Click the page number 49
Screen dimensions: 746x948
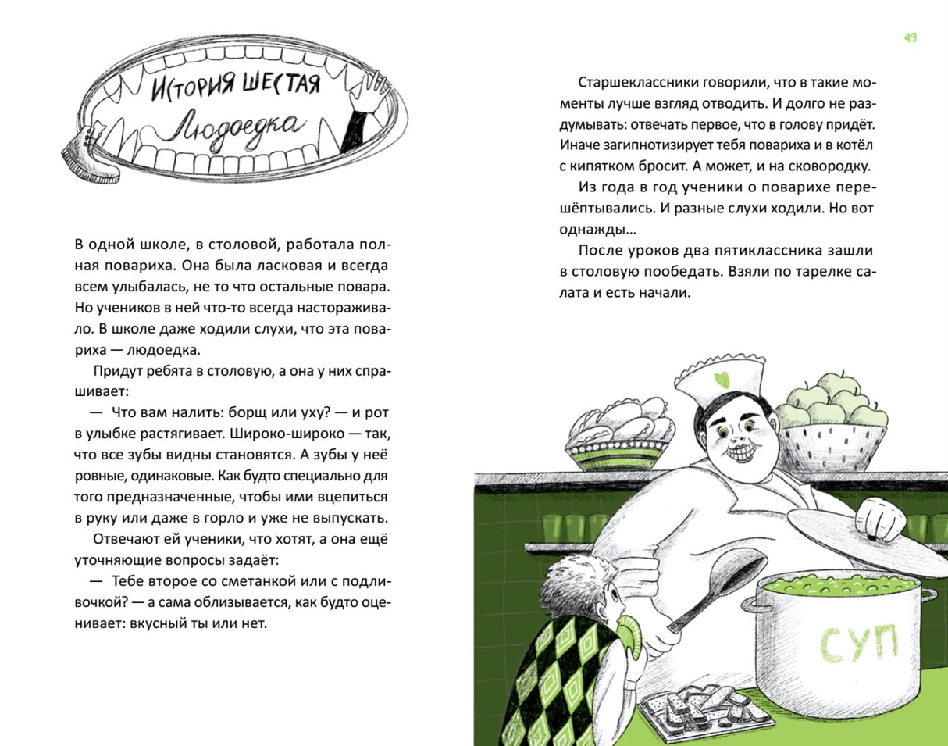910,37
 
